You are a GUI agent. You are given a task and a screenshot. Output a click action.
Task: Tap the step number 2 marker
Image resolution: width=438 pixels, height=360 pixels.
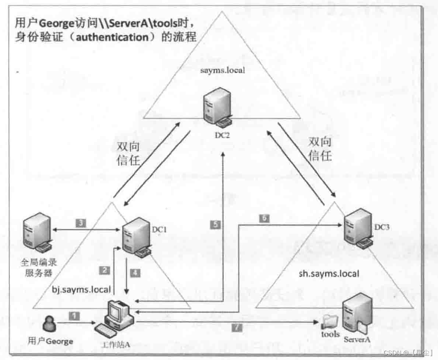104,270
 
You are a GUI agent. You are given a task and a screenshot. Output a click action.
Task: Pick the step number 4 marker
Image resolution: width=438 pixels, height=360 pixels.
135,273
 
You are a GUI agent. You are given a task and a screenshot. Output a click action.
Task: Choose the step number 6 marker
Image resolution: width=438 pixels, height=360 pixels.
264,218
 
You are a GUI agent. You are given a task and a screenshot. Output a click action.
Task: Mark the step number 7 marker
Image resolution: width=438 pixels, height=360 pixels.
237,328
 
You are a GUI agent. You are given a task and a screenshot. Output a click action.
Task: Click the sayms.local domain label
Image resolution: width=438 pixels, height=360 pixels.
222,71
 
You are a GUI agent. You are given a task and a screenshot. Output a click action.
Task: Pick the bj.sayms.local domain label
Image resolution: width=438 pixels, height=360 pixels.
82,289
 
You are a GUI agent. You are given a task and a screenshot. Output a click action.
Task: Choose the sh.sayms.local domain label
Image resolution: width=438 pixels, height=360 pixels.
329,274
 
